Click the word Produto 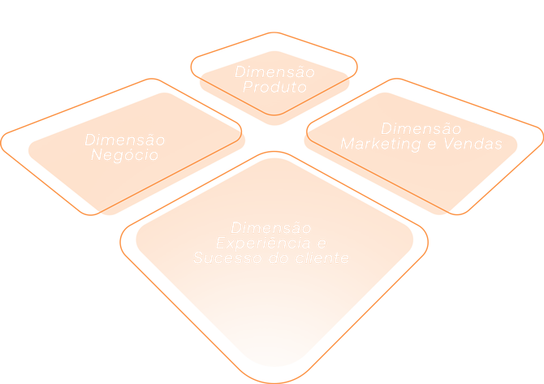pyautogui.click(x=274, y=88)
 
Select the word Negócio pyautogui.click(x=124, y=155)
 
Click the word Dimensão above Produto pyautogui.click(x=274, y=72)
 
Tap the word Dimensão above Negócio pyautogui.click(x=124, y=140)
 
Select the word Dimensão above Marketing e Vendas pyautogui.click(x=421, y=129)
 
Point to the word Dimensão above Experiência pyautogui.click(x=270, y=228)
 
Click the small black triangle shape pyautogui.click(x=492, y=126)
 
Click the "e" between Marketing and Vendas pyautogui.click(x=431, y=145)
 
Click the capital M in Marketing pyautogui.click(x=348, y=145)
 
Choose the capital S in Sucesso pyautogui.click(x=198, y=259)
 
